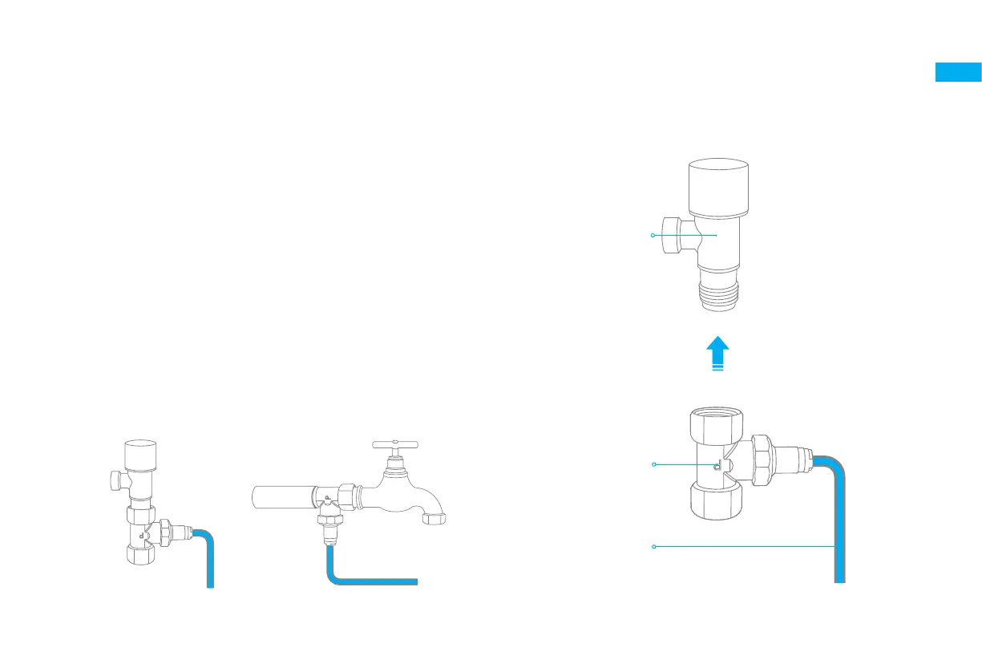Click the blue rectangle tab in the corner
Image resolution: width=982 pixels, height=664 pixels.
click(958, 72)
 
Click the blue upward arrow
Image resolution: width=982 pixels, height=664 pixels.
click(718, 354)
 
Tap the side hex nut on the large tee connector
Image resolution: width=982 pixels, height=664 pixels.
click(762, 463)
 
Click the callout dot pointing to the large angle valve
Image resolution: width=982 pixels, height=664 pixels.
click(653, 235)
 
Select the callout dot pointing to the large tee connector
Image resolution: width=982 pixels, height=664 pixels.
click(654, 464)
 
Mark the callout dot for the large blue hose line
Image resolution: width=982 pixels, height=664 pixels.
click(654, 546)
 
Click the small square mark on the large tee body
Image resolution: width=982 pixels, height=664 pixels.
click(718, 464)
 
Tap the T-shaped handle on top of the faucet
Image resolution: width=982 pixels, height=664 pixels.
click(396, 443)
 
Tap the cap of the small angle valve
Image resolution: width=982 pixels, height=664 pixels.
click(140, 453)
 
